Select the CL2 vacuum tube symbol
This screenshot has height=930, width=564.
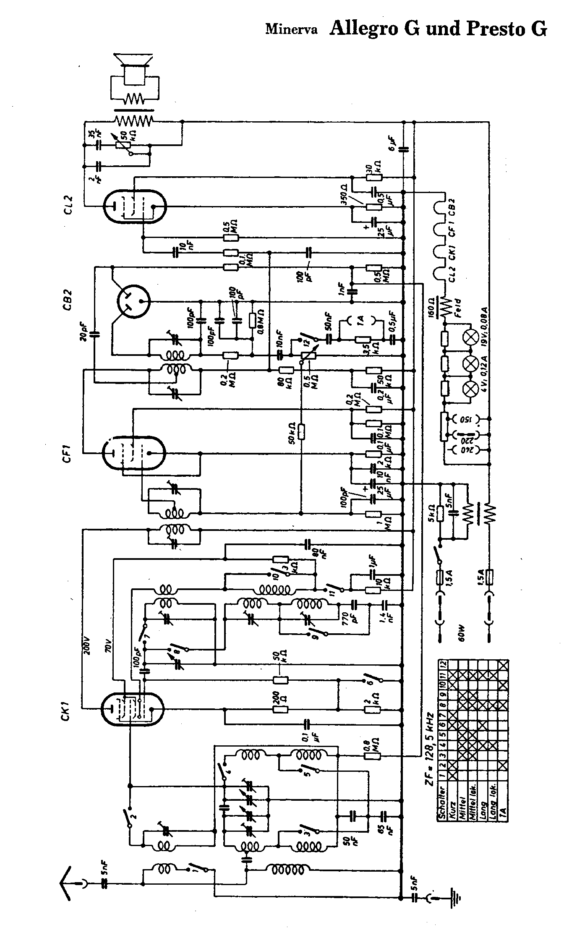tap(135, 206)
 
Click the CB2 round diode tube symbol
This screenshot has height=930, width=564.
tap(133, 302)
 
